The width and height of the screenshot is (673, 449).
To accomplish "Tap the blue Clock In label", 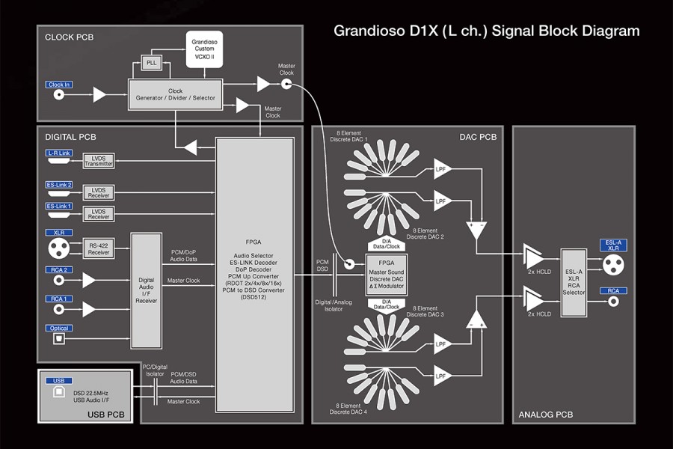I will pos(59,85).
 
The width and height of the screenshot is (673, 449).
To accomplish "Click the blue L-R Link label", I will pos(59,153).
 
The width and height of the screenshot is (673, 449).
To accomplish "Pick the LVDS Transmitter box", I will pos(98,161).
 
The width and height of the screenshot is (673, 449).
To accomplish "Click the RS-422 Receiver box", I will pos(99,249).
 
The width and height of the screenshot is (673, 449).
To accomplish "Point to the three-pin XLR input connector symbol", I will pos(58,248).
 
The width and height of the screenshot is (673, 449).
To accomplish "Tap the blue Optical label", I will pos(59,328).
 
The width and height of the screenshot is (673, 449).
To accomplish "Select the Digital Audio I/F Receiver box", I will pos(147,290).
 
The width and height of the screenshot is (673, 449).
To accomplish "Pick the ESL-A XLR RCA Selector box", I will pos(574,281).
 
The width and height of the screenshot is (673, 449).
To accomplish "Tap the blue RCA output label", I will pos(612,290).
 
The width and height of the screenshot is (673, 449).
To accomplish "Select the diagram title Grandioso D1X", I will pos(486,31).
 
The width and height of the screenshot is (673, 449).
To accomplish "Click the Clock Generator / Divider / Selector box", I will pos(175,95).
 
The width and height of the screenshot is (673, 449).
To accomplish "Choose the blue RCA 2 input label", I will pos(59,270).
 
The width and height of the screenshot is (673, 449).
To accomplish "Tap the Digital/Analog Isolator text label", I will pos(334,304).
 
